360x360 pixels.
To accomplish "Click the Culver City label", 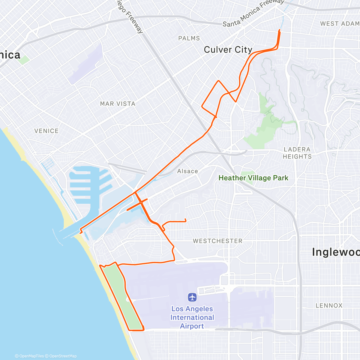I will (228, 50).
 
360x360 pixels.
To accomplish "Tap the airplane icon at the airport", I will (192, 297).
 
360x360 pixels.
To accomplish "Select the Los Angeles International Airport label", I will (192, 317).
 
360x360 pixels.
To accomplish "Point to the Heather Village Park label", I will (253, 178).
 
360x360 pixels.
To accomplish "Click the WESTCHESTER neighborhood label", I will (217, 241).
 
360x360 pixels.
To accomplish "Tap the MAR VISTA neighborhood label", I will (118, 104).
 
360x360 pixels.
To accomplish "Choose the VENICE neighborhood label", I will (46, 131).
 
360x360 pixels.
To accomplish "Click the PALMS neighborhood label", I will (189, 38).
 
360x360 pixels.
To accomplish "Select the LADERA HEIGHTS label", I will (297, 153).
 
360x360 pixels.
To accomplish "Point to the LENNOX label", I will (329, 305).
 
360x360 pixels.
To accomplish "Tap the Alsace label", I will (187, 171).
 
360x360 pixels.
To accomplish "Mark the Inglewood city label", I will (335, 252).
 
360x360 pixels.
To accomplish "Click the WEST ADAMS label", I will (340, 24).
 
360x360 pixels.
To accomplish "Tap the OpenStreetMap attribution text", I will (63, 356).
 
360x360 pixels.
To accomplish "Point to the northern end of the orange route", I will (280, 30).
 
